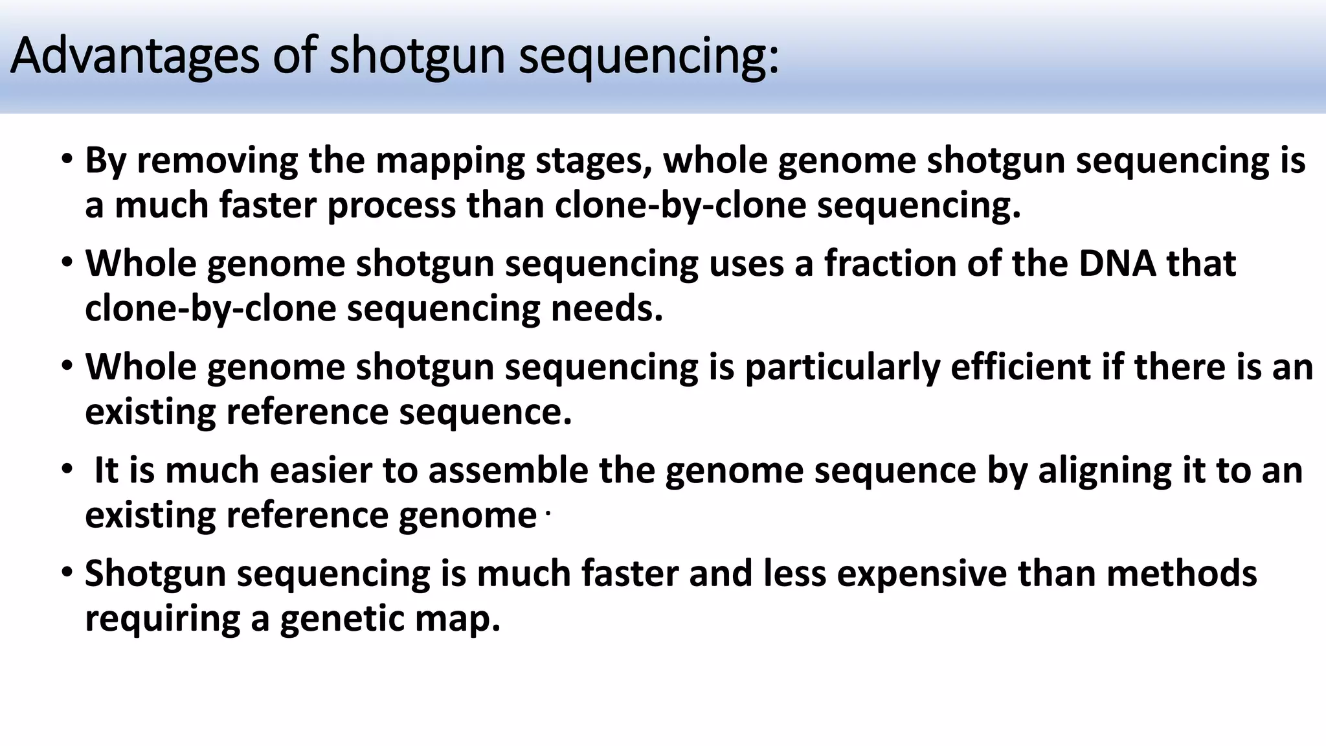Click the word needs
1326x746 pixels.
pyautogui.click(x=607, y=308)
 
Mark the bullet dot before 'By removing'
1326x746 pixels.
pyautogui.click(x=67, y=159)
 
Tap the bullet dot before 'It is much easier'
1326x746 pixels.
pyautogui.click(x=67, y=469)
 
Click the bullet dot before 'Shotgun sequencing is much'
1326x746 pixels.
pyautogui.click(x=67, y=573)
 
